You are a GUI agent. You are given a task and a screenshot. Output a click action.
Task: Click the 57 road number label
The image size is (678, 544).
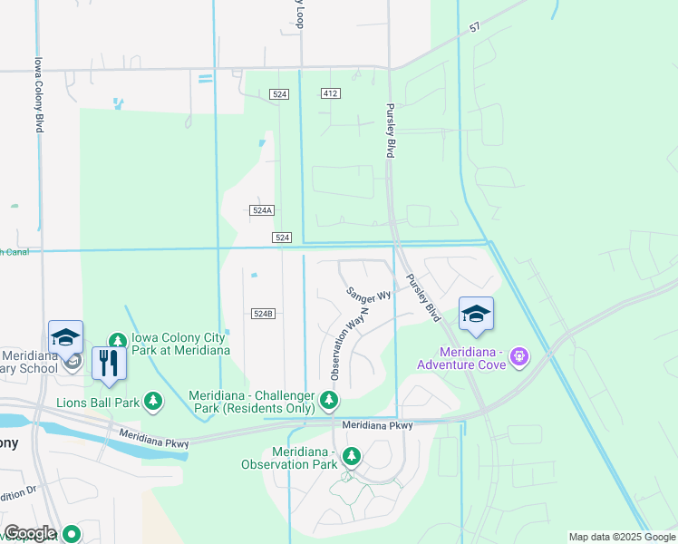pos(474,28)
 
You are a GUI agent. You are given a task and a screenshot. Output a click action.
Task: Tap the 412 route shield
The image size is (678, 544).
pos(330,94)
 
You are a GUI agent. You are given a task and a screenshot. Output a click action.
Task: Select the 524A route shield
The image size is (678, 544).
pos(261,209)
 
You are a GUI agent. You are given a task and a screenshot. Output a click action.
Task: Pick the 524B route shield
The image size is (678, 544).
pos(262,314)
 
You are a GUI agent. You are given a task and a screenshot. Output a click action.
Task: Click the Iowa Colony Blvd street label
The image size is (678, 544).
pos(39,95)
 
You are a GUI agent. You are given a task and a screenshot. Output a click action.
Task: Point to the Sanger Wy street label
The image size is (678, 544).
pos(368,293)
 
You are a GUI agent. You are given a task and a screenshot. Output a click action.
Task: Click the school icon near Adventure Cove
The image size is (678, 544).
pos(476,315)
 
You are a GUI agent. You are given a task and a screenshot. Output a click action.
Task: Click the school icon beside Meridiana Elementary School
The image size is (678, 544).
pos(65,337)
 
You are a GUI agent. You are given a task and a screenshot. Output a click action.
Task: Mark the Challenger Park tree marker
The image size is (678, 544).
pos(330,400)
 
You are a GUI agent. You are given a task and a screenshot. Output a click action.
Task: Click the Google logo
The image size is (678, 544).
pos(29,533)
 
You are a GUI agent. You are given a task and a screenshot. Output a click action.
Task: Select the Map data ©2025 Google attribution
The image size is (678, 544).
pos(622,537)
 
